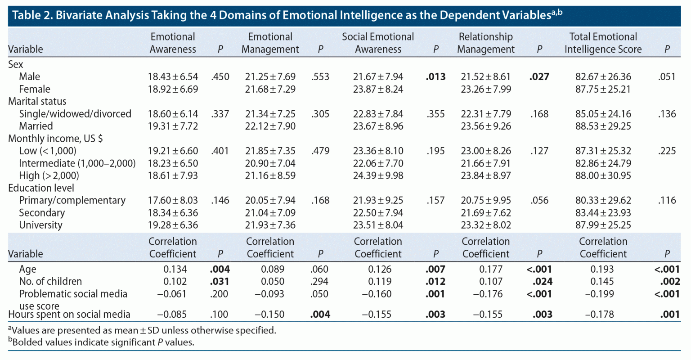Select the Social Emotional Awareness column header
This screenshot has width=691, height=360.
tap(378, 43)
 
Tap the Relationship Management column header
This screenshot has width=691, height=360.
tap(485, 43)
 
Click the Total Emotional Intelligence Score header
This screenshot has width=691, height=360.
tap(603, 43)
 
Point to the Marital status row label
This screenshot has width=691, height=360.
tap(37, 101)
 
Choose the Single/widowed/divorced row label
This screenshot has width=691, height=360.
tap(75, 114)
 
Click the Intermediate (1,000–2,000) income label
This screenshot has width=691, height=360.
tap(77, 163)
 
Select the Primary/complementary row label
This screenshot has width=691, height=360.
tap(72, 200)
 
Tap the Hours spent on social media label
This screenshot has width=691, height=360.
tap(69, 314)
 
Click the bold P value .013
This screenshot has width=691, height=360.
tap(435, 77)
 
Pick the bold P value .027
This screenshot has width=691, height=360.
tap(539, 77)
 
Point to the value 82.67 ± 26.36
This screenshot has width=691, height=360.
tap(603, 77)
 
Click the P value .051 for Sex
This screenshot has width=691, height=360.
tap(667, 77)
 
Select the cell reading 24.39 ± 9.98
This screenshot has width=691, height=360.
tap(378, 175)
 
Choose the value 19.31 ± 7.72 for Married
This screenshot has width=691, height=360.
tap(173, 126)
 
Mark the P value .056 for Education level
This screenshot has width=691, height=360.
tap(539, 200)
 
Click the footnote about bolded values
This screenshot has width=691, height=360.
tap(101, 342)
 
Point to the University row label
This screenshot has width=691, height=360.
tap(40, 225)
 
